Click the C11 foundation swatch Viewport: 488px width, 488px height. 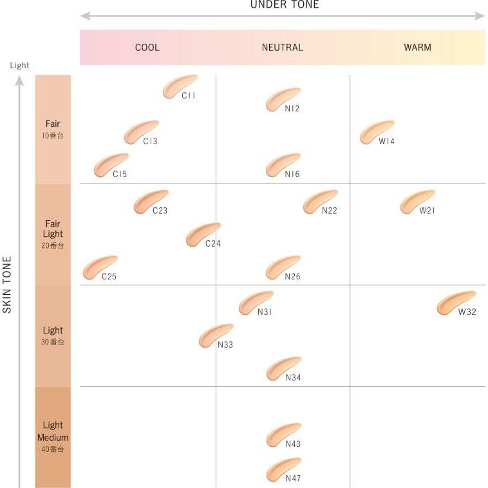[x=180, y=86]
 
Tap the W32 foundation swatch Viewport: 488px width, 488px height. [x=456, y=303]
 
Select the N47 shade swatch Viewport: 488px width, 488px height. [x=283, y=469]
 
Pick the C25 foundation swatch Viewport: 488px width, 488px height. [x=100, y=267]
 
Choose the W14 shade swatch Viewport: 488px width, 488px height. [x=377, y=131]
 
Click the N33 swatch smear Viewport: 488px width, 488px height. [x=216, y=335]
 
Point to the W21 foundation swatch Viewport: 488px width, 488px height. [x=417, y=201]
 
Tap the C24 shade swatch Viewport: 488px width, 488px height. [x=203, y=234]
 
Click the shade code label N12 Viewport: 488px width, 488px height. [x=292, y=109]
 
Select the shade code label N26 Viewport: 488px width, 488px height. [x=293, y=277]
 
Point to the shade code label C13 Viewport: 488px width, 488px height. [x=150, y=142]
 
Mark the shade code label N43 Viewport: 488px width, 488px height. [x=293, y=444]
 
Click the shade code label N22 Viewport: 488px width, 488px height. [x=330, y=211]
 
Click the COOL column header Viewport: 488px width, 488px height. [x=147, y=47]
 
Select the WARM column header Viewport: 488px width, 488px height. [x=417, y=47]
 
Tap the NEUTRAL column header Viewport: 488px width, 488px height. [x=282, y=47]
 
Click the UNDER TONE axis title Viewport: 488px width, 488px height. [x=284, y=5]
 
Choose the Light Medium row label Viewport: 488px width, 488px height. [x=53, y=431]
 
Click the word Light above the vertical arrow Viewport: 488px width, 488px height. [x=19, y=66]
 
